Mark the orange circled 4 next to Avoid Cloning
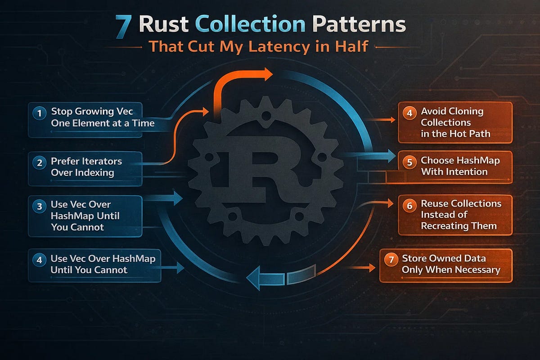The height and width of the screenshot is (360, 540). [x=409, y=112]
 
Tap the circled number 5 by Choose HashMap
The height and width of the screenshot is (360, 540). [x=409, y=162]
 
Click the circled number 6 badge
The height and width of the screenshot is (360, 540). [x=409, y=206]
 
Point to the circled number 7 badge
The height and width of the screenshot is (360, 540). [x=391, y=260]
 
